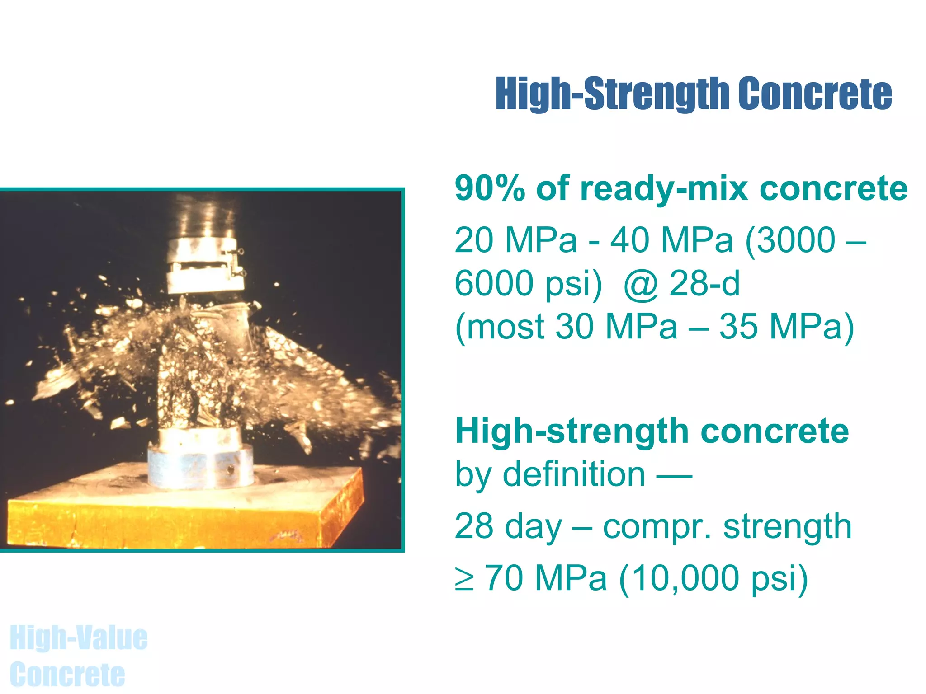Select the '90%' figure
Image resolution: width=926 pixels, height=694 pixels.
click(x=489, y=188)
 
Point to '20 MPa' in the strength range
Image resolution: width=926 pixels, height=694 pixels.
click(x=516, y=240)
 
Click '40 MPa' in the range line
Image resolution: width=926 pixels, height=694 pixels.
click(x=671, y=240)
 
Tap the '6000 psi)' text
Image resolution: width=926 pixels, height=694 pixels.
click(x=528, y=283)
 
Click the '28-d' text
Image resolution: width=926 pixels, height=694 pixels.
click(x=704, y=283)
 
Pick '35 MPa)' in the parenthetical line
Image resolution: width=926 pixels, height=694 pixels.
click(x=786, y=326)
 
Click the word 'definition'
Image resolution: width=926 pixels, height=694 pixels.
click(x=574, y=474)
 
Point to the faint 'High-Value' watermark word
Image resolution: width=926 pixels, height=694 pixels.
click(x=79, y=638)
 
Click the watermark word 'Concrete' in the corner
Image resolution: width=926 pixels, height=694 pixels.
click(x=67, y=675)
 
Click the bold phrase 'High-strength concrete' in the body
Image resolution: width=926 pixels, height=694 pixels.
click(x=652, y=431)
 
